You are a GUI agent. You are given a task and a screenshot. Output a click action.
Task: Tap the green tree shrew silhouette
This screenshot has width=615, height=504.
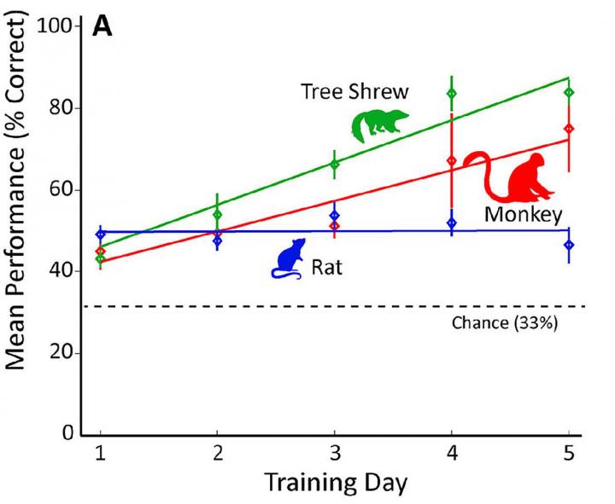(x=379, y=125)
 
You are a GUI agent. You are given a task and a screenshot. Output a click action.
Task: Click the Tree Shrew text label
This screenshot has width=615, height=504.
(x=354, y=91)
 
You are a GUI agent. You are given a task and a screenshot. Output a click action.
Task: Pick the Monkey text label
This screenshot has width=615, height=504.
(x=522, y=214)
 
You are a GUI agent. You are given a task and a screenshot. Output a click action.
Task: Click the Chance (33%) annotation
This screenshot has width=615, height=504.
(x=504, y=323)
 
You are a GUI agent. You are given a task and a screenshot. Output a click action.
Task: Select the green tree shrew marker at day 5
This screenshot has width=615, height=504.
(x=568, y=92)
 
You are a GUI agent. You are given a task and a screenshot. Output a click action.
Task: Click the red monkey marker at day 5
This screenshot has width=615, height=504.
(x=568, y=129)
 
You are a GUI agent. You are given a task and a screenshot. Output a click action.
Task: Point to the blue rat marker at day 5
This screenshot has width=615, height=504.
(x=568, y=246)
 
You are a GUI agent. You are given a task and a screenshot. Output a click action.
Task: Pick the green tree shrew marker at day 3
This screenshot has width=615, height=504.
(x=334, y=164)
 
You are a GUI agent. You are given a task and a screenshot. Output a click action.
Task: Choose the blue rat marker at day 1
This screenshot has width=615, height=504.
(x=101, y=234)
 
